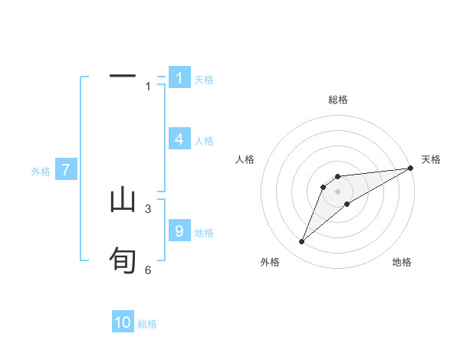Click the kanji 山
pyautogui.click(x=123, y=201)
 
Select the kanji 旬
pyautogui.click(x=123, y=261)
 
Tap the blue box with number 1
pyautogui.click(x=179, y=77)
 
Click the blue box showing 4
pyautogui.click(x=179, y=139)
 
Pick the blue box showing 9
pyautogui.click(x=179, y=231)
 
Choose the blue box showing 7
pyautogui.click(x=66, y=170)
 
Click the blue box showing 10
pyautogui.click(x=123, y=322)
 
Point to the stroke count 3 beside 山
pyautogui.click(x=148, y=208)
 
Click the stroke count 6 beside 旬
pyautogui.click(x=148, y=270)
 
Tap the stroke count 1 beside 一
pyautogui.click(x=148, y=87)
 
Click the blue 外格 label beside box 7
pyautogui.click(x=41, y=172)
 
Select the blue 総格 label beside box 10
pyautogui.click(x=147, y=324)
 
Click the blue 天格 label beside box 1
pyautogui.click(x=204, y=79)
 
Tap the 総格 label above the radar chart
pyautogui.click(x=338, y=100)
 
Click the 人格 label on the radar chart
pyautogui.click(x=245, y=159)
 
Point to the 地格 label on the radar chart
pyautogui.click(x=402, y=263)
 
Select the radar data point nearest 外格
pyautogui.click(x=302, y=242)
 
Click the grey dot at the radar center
pyautogui.click(x=337, y=191)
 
